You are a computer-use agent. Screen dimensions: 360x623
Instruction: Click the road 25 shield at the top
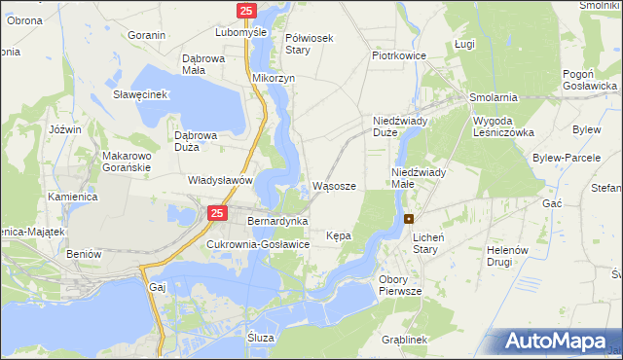pos(246,10)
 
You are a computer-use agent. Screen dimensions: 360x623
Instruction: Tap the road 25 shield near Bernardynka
pos(217,213)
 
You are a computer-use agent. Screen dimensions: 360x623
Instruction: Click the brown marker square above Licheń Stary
pos(410,219)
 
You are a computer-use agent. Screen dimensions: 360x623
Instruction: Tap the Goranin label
pos(147,35)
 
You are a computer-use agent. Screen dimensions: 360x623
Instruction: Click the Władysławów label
pos(221,181)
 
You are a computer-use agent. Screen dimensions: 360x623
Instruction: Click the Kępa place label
pos(339,235)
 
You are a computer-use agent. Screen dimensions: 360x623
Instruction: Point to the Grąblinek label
pos(405,340)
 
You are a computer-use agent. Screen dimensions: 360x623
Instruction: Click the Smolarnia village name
pos(494,98)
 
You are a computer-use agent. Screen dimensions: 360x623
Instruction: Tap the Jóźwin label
pos(64,129)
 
